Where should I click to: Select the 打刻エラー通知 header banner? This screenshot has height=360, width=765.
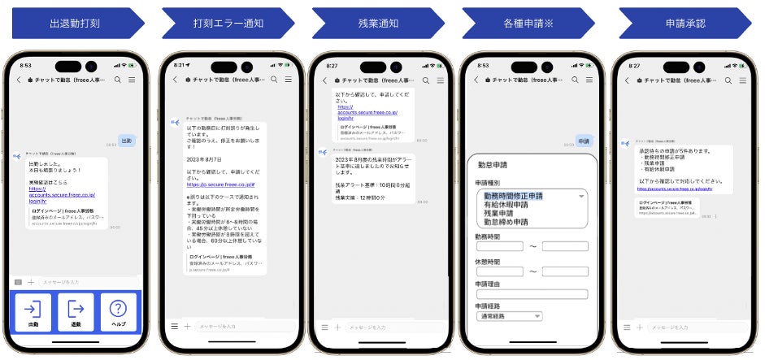tap(219, 23)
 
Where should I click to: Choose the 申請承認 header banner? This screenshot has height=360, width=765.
tap(684, 23)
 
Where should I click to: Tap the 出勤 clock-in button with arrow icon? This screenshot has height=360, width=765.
tap(33, 312)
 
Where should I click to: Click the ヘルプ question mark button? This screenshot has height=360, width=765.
tap(118, 312)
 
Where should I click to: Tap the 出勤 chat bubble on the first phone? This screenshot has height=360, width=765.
tap(126, 141)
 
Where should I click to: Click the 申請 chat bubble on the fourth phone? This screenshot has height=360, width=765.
tap(585, 141)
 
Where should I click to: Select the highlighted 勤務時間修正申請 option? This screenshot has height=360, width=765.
tap(514, 196)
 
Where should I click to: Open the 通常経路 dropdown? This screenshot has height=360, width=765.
tap(509, 316)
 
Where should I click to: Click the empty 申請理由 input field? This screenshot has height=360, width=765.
tap(531, 294)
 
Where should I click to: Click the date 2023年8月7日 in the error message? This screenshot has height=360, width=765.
tap(205, 159)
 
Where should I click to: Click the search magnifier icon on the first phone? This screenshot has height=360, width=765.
tap(117, 80)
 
